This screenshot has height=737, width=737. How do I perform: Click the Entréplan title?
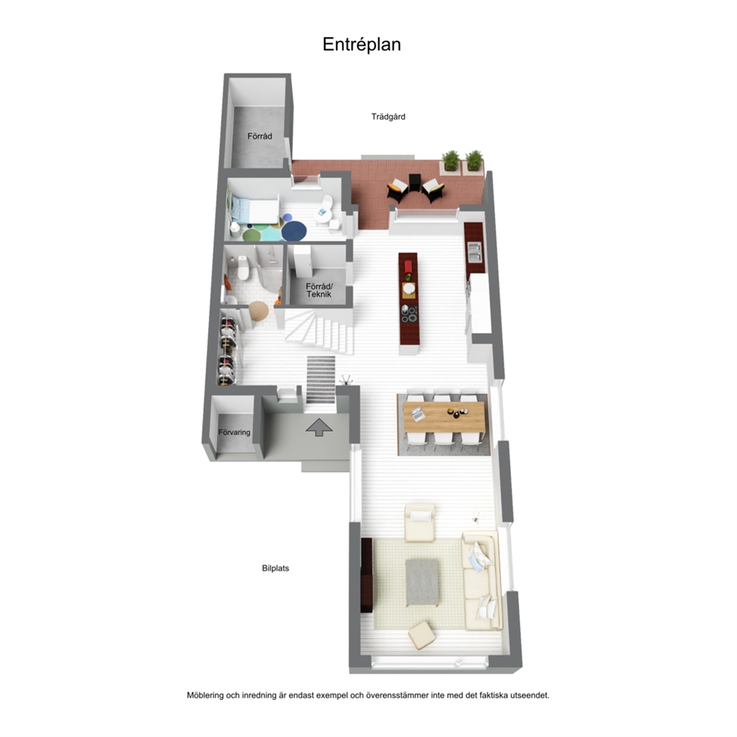(362, 45)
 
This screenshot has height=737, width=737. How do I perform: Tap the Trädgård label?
(389, 117)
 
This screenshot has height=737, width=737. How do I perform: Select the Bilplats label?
(276, 568)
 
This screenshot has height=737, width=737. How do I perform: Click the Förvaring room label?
(234, 432)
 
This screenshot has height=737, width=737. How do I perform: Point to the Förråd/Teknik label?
(319, 290)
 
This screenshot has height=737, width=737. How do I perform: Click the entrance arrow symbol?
(319, 426)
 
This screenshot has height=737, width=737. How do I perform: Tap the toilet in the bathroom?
(243, 267)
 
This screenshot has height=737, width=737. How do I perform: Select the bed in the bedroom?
(253, 210)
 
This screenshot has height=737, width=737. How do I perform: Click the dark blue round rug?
(293, 231)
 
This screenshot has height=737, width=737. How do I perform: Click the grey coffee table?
(422, 582)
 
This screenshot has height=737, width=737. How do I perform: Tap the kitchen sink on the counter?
(474, 251)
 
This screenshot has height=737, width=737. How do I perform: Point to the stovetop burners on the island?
(409, 314)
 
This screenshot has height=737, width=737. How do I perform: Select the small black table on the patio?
(415, 182)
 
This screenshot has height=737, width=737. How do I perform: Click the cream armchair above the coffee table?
(419, 522)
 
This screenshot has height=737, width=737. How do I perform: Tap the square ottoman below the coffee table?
(421, 635)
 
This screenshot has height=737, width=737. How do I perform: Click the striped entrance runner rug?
(321, 380)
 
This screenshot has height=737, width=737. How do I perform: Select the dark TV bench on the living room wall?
(366, 575)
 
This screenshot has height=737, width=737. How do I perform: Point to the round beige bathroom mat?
(258, 311)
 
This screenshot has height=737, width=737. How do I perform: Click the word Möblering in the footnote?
(205, 695)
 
